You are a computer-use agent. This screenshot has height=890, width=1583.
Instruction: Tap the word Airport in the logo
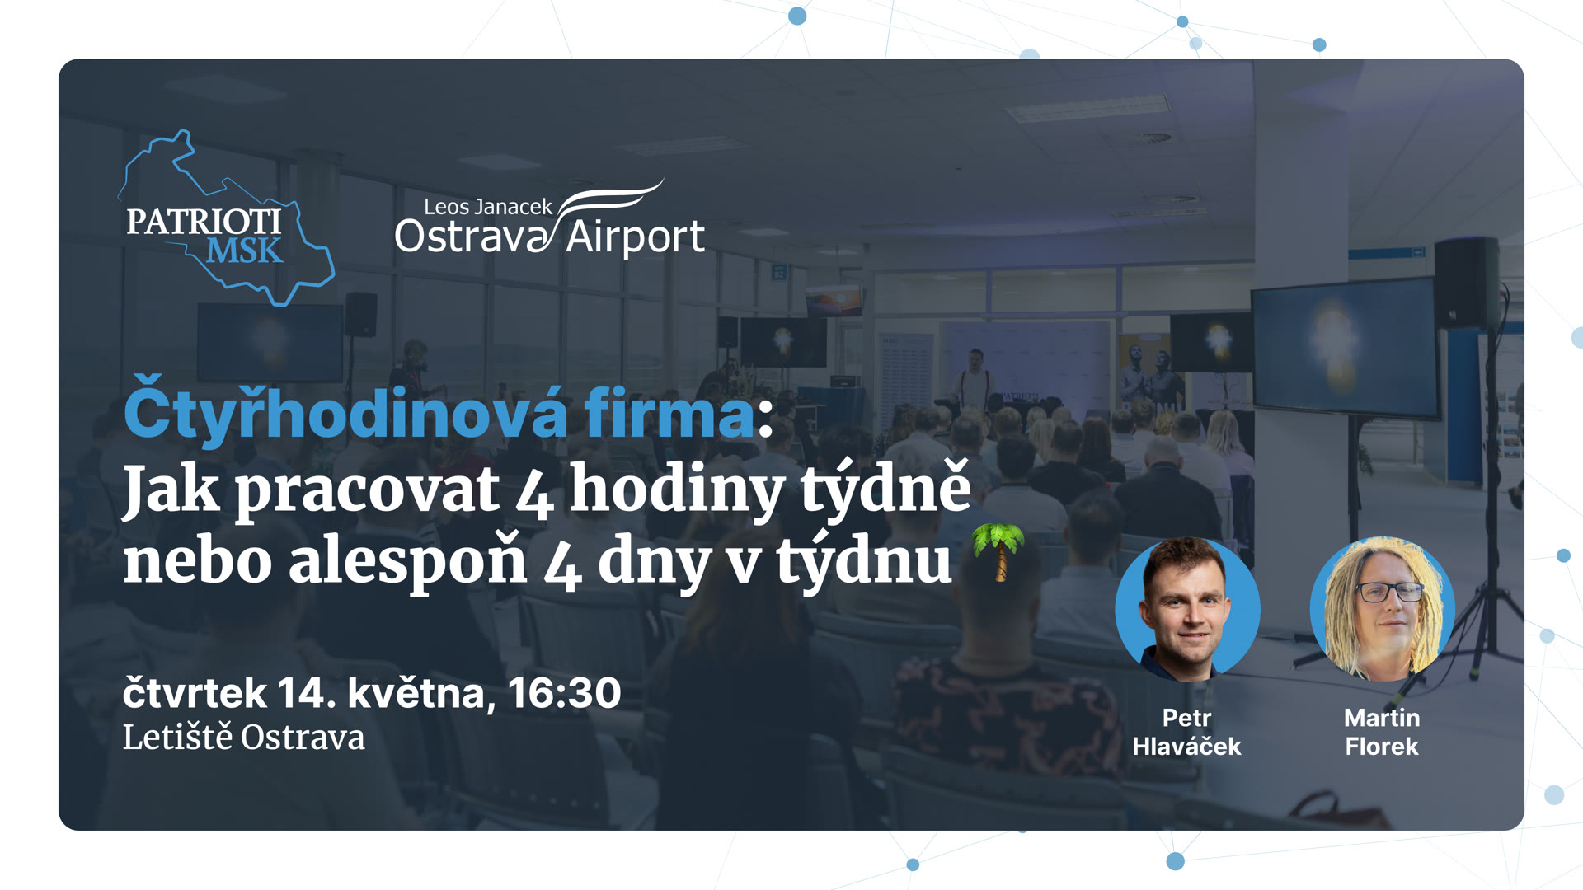[635, 237]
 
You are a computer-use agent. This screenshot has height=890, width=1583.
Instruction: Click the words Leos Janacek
[487, 207]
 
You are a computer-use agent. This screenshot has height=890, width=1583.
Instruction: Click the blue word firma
[669, 414]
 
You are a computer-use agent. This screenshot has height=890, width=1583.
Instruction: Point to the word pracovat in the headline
[367, 490]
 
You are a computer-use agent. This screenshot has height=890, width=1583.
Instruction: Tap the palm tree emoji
[998, 551]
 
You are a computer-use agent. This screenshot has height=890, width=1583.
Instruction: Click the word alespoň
[407, 562]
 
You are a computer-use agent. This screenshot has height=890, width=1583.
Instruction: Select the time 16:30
[564, 693]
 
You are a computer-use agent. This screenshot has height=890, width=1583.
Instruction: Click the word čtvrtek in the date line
[195, 693]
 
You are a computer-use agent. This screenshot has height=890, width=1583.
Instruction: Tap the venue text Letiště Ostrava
[243, 738]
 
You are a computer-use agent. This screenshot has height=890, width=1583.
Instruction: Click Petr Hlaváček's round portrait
[1187, 609]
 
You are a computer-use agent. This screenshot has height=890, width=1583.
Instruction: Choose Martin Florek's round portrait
[1382, 609]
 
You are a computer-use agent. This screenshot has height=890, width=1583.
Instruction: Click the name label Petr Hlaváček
[1186, 732]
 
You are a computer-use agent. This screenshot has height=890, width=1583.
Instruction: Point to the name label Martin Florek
[1382, 732]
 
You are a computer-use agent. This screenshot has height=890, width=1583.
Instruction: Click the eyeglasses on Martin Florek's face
[1389, 592]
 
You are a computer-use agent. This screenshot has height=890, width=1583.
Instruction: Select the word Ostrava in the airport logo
[471, 237]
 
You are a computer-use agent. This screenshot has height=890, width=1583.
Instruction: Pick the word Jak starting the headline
[171, 490]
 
